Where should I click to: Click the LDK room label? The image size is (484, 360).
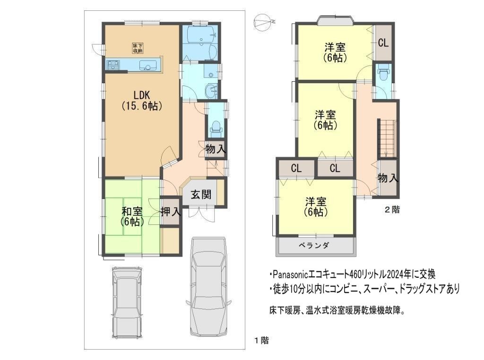tap(142, 100)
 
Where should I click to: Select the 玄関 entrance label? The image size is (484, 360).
tap(201, 194)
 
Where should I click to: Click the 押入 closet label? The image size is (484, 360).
tap(171, 212)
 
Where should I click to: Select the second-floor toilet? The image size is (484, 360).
tap(383, 73)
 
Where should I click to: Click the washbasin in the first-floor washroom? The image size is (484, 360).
tap(211, 91)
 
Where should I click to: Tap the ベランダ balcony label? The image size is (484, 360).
tap(314, 246)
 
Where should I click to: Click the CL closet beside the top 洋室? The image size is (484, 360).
tap(383, 43)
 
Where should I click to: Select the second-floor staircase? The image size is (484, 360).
tap(387, 138)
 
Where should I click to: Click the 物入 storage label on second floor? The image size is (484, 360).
tap(388, 178)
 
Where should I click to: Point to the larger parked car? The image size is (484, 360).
tap(209, 288)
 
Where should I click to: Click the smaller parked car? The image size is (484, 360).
tap(128, 303)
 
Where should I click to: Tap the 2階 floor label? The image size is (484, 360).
tap(392, 210)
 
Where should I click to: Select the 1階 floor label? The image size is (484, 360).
tap(261, 341)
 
